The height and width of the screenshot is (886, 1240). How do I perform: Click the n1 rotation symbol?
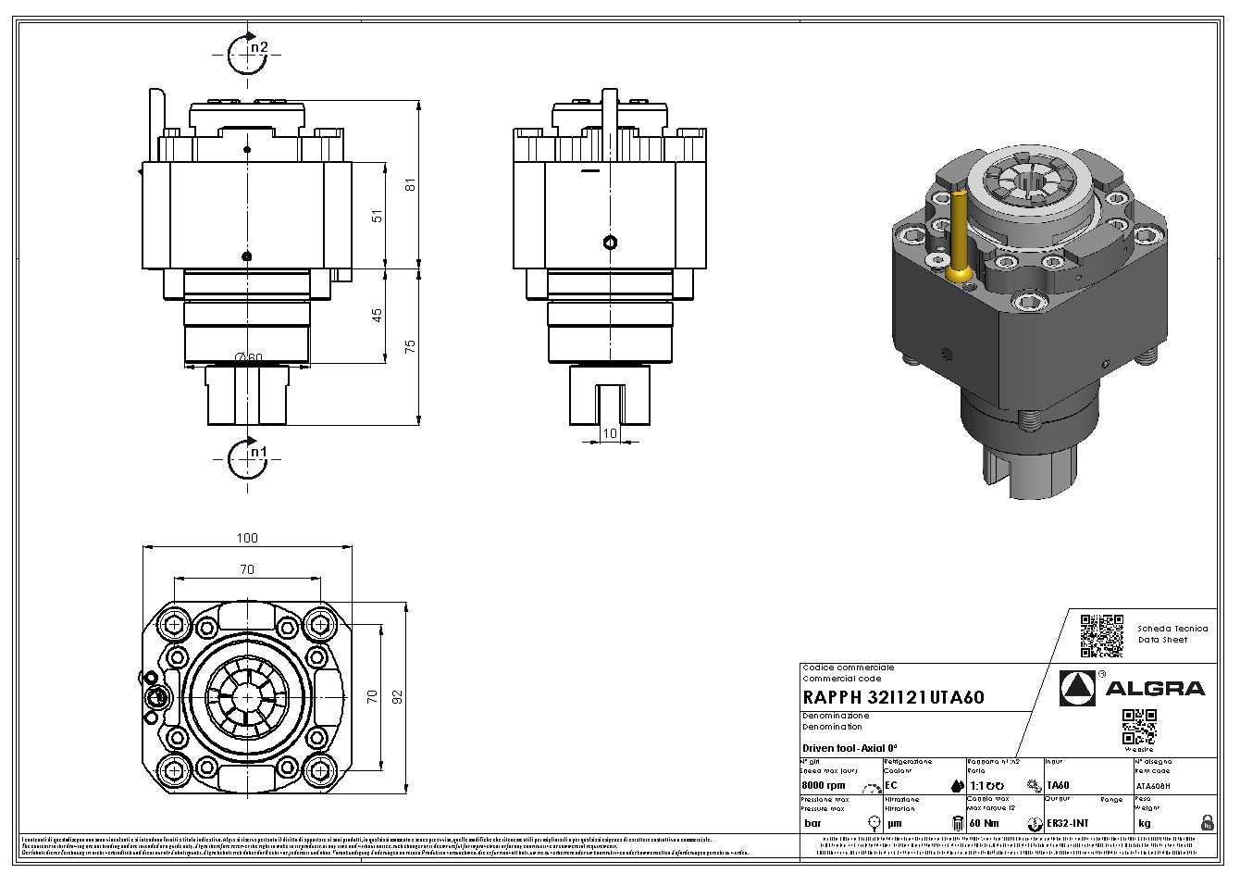[247, 455]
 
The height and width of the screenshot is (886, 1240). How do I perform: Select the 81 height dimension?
[411, 184]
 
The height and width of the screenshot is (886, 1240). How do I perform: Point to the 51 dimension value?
[376, 216]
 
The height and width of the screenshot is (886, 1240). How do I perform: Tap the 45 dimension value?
[376, 316]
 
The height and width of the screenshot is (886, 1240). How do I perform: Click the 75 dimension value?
[411, 345]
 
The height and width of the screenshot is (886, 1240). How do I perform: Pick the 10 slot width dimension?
[609, 433]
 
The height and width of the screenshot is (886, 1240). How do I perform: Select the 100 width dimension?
[247, 538]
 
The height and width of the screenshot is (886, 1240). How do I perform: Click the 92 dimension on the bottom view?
[399, 696]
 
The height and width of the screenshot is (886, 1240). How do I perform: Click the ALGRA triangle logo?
[1076, 688]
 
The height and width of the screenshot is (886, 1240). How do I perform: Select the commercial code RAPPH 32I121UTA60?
[893, 697]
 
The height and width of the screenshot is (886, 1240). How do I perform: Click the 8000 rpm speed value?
[825, 785]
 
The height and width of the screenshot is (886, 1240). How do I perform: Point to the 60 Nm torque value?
[984, 823]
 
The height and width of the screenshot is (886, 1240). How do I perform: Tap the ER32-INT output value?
[1067, 823]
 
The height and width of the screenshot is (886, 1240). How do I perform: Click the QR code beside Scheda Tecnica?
[1101, 635]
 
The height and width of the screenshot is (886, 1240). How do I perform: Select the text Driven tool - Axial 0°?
[850, 748]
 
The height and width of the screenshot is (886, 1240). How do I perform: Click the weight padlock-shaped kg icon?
[1207, 822]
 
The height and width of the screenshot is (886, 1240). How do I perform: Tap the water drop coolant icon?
[957, 786]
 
